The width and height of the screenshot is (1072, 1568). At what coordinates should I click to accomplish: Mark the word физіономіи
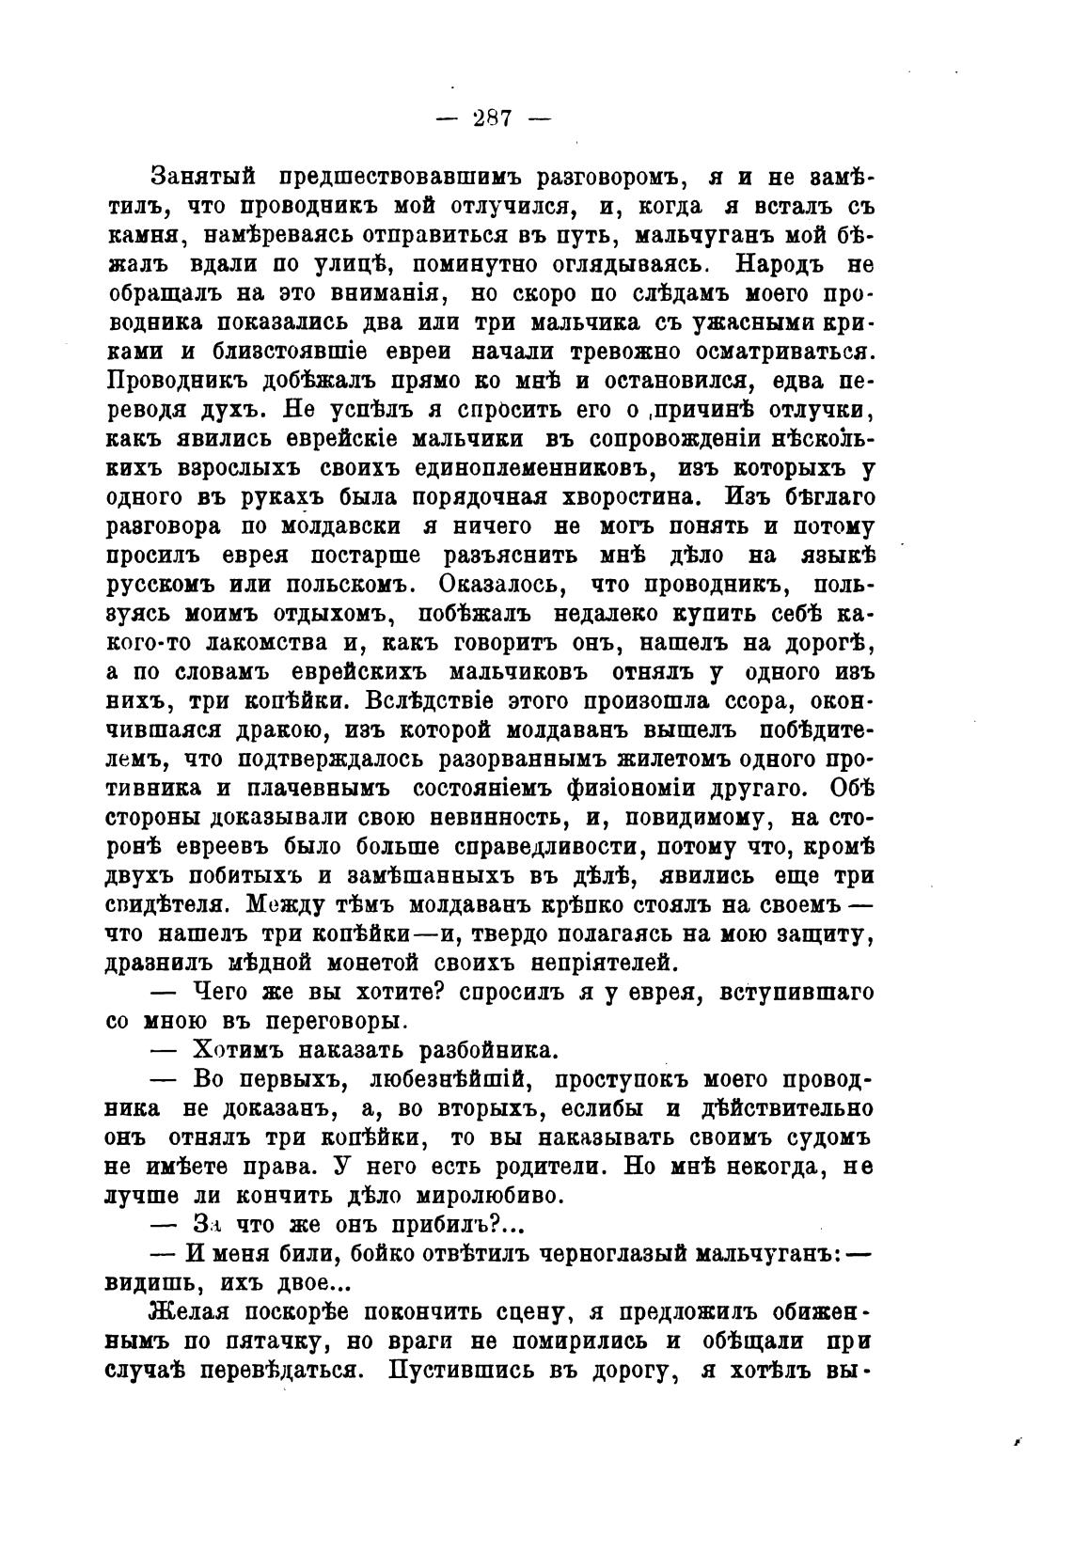[686, 788]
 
